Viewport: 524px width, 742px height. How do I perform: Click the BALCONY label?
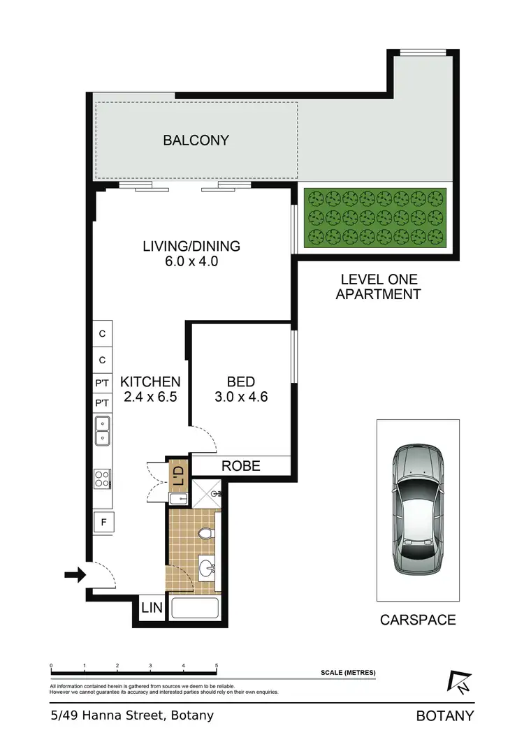(196, 140)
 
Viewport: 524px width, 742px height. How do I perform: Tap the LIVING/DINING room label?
(191, 246)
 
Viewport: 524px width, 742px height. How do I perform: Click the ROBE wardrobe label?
(241, 465)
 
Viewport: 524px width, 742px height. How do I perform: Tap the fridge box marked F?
(103, 521)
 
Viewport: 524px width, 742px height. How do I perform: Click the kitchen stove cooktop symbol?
(103, 479)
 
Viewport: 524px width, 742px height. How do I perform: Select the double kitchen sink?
(103, 430)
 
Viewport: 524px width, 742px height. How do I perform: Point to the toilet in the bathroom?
(205, 534)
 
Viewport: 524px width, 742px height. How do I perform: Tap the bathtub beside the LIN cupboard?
(196, 608)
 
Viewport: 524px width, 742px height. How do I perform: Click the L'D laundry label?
(177, 476)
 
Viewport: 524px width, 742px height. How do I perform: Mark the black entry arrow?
(74, 575)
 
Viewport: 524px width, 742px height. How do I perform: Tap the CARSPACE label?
(418, 620)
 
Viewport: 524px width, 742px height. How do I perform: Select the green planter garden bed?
(377, 218)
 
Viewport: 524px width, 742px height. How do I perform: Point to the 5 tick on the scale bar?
(217, 667)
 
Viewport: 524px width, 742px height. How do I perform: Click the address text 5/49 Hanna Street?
(131, 715)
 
